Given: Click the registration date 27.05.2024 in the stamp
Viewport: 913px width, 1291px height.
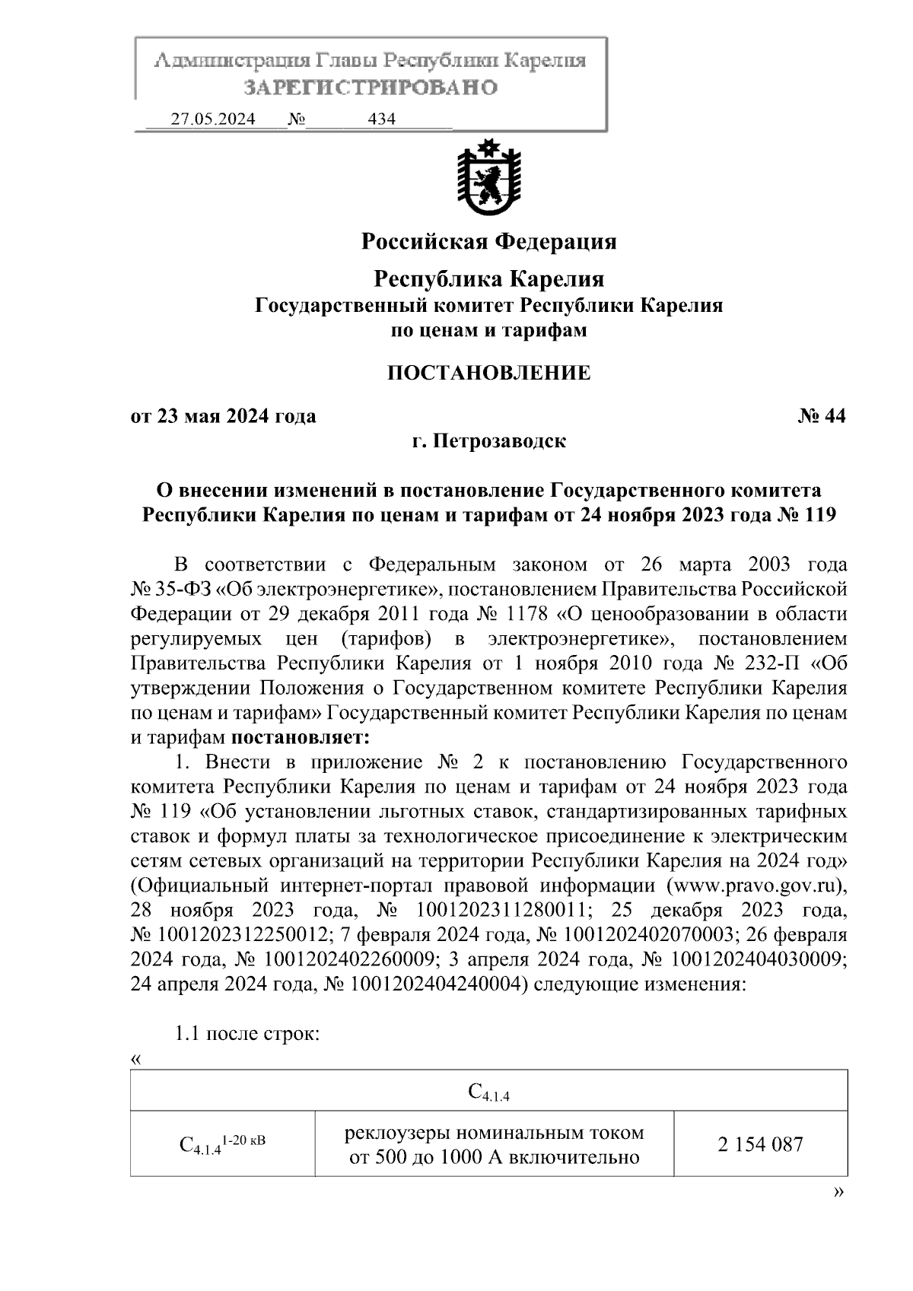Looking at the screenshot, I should click(213, 119).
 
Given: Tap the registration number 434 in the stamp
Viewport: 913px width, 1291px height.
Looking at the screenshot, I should click(381, 119).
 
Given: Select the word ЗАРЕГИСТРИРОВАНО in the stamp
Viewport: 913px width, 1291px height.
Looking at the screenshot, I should click(371, 87).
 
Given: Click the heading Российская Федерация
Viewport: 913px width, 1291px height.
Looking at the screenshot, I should click(488, 241).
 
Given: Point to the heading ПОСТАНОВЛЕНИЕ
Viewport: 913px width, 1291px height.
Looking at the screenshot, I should click(488, 373).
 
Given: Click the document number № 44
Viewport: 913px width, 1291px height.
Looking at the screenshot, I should click(822, 416).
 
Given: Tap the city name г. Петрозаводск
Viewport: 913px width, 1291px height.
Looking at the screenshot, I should click(488, 441).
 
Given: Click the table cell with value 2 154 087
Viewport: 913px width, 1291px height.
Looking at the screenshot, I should click(760, 1144).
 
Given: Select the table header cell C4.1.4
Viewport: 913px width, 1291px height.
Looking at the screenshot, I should click(488, 1094).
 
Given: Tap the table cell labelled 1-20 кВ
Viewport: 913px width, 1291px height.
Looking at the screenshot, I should click(222, 1144).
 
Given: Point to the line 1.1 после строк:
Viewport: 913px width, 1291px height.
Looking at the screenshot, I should click(247, 1034).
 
